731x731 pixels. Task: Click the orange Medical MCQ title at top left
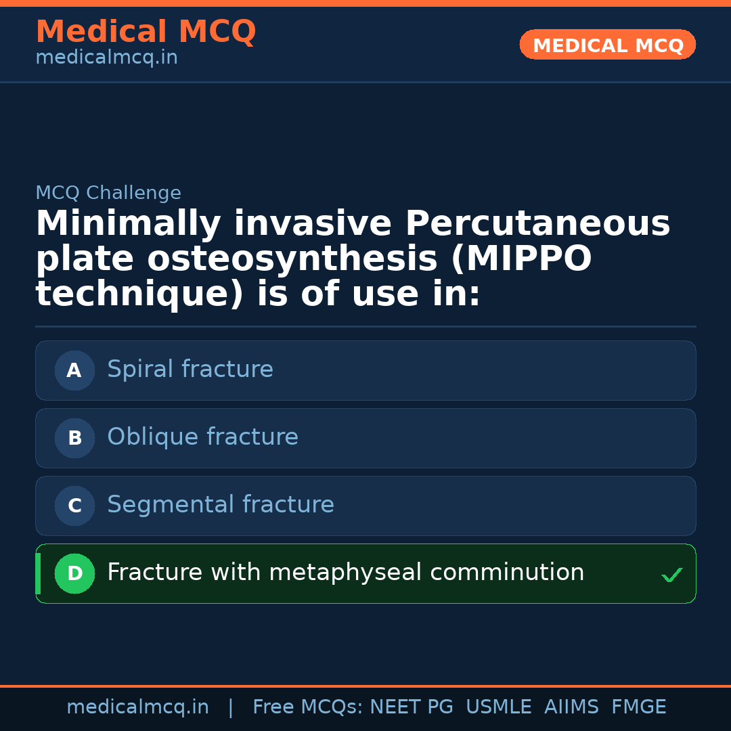click(x=146, y=32)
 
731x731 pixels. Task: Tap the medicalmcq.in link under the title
click(x=106, y=58)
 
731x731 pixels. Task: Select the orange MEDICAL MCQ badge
click(x=608, y=45)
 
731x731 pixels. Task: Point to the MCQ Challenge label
click(x=108, y=194)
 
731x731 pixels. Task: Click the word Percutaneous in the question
click(x=537, y=224)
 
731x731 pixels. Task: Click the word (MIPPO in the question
click(x=520, y=259)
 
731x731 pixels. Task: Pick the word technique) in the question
click(x=139, y=294)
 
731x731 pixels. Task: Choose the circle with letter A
click(x=74, y=371)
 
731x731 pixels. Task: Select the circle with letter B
click(x=74, y=439)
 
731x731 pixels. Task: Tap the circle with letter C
click(x=74, y=506)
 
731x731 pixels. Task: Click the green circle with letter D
click(x=74, y=574)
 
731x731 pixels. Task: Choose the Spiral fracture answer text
click(x=190, y=370)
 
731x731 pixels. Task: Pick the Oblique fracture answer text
click(x=202, y=437)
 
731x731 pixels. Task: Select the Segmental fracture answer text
click(x=221, y=505)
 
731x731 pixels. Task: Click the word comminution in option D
click(x=507, y=573)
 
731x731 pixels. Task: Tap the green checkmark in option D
click(x=671, y=575)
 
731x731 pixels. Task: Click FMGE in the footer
click(x=638, y=707)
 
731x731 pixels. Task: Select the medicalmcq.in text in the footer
click(x=137, y=707)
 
